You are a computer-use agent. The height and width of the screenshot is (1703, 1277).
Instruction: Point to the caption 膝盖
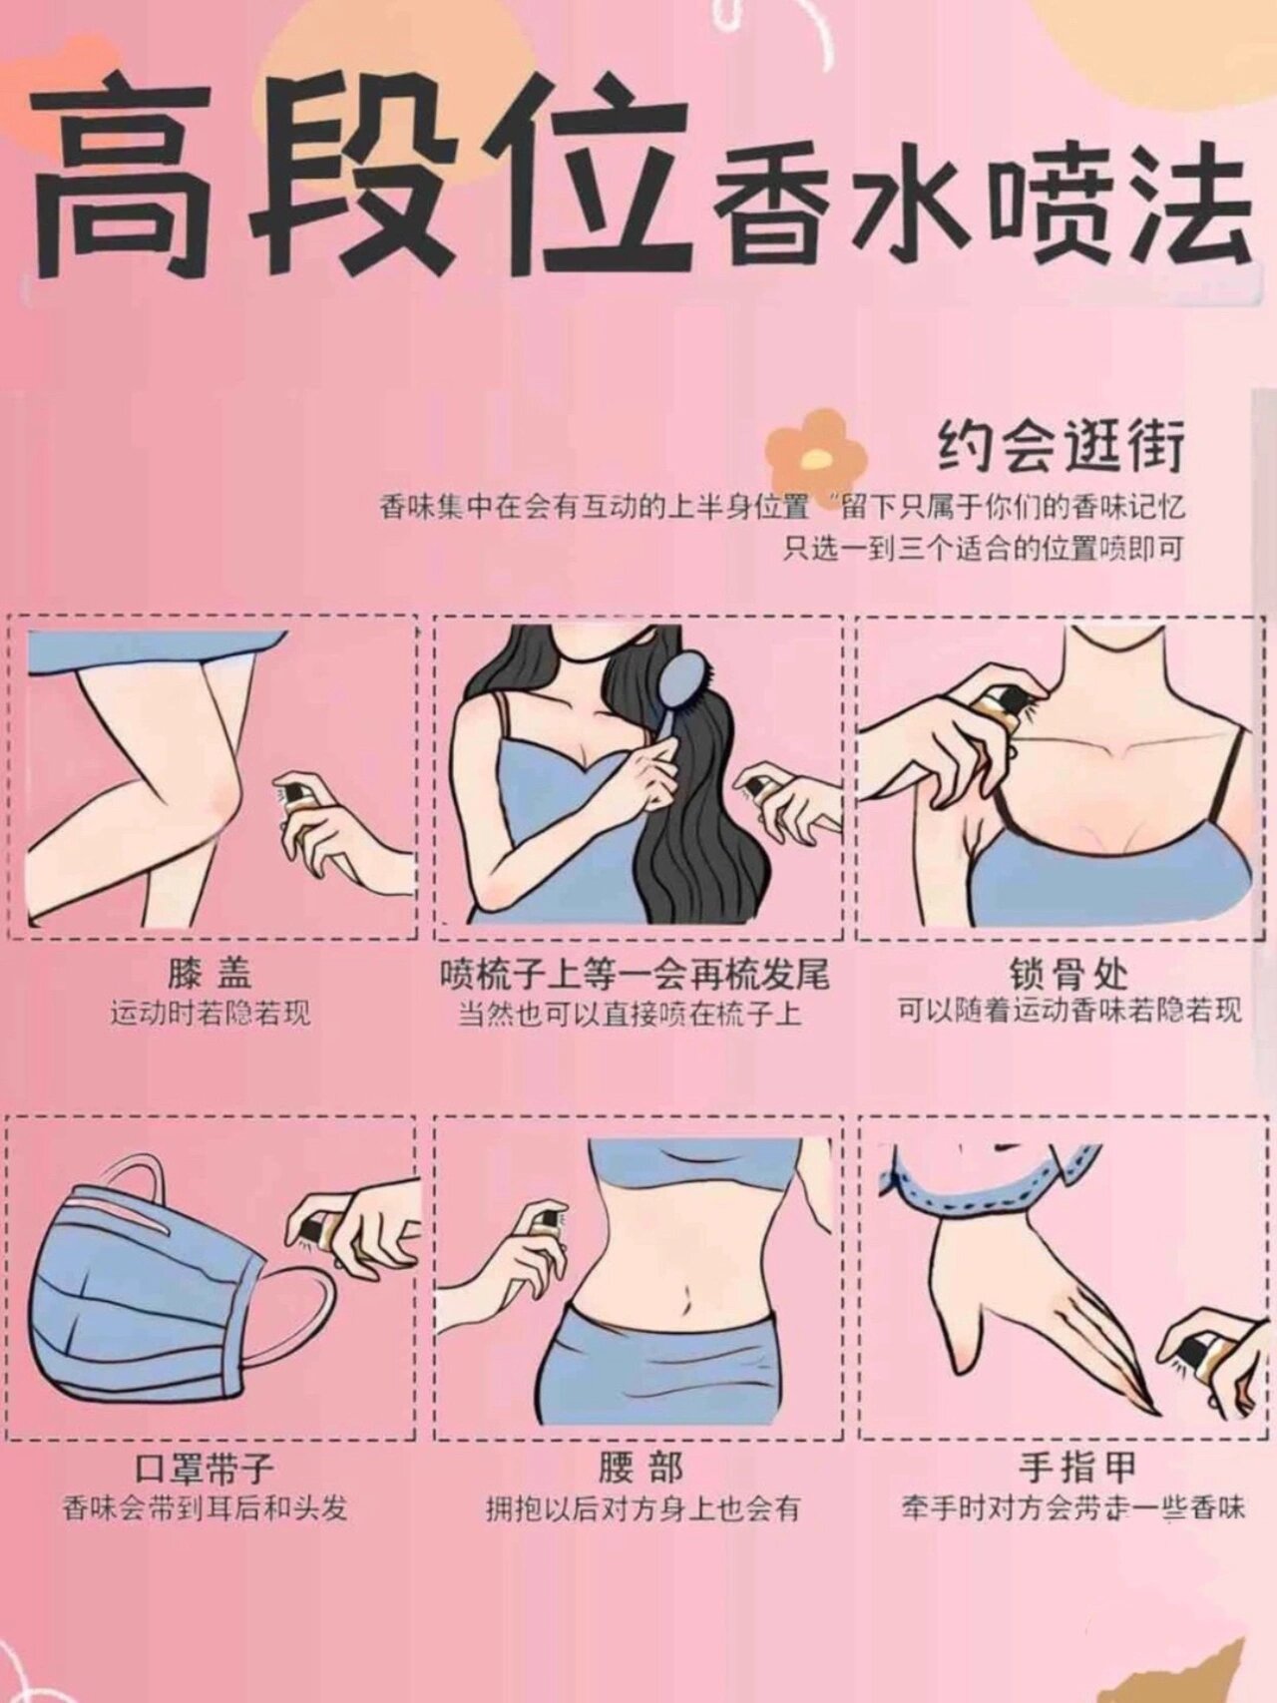click(211, 973)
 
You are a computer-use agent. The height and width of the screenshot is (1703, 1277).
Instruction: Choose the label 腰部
click(641, 1469)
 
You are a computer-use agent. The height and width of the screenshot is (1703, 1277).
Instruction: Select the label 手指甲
click(1077, 1469)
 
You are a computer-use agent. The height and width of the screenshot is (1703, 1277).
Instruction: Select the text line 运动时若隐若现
click(211, 1015)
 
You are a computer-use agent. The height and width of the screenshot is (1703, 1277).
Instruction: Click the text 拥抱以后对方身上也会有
click(642, 1508)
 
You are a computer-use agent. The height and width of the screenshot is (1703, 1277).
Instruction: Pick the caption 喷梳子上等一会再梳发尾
click(636, 973)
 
